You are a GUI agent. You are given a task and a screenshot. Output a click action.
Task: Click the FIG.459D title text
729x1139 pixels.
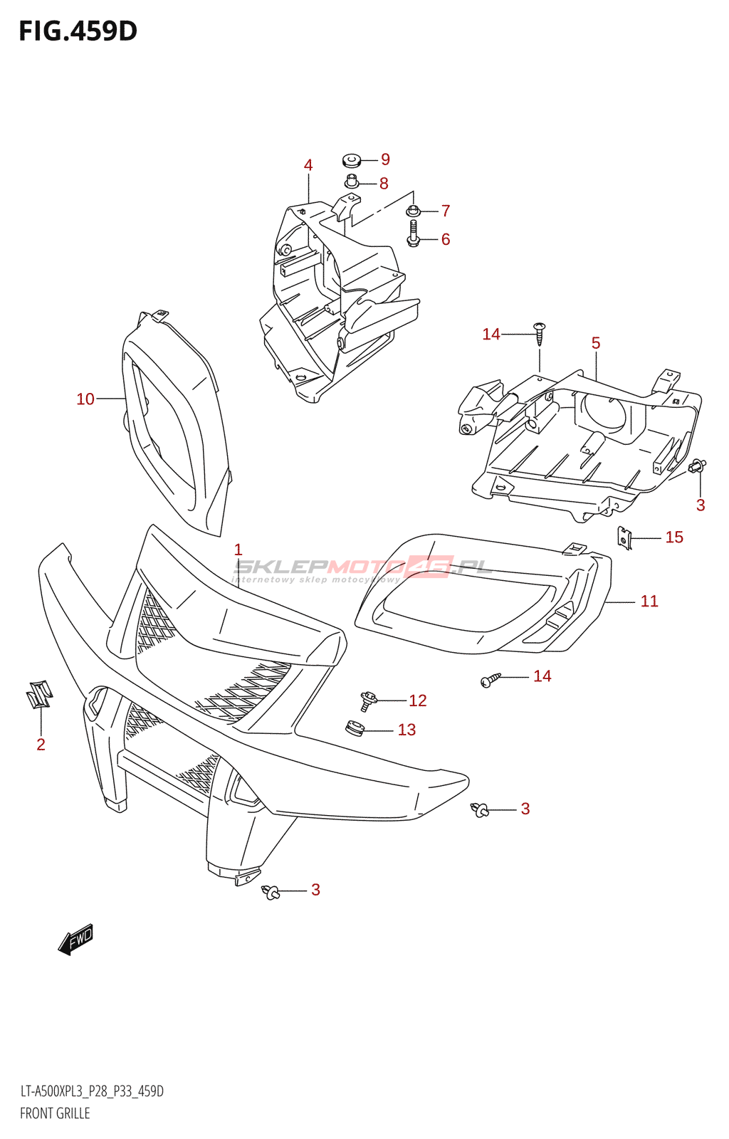coord(78,31)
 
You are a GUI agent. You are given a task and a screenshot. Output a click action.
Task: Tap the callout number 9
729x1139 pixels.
coord(385,159)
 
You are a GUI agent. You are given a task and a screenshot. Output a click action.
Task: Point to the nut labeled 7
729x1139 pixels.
coord(413,211)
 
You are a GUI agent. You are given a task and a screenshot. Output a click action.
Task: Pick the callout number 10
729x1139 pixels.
coord(85,399)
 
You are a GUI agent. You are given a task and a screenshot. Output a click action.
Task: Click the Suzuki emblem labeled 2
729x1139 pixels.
coord(39,694)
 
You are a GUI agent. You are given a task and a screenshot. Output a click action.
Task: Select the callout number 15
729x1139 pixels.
coord(674,537)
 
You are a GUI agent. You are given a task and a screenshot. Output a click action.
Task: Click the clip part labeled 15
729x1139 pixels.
coord(624,538)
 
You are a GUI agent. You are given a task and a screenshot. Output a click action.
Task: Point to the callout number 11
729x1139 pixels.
coord(649,602)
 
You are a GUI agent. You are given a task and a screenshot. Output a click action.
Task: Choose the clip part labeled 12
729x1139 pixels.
coord(367,700)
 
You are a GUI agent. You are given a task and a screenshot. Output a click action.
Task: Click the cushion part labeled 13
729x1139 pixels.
coord(355,729)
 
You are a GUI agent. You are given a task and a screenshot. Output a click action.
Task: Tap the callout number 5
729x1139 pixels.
coord(596,343)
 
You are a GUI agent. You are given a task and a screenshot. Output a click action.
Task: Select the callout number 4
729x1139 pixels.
coord(308,165)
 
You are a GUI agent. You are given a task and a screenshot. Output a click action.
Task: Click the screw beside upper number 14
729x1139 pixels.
coord(540,333)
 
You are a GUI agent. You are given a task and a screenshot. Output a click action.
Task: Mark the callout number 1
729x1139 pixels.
coord(238,550)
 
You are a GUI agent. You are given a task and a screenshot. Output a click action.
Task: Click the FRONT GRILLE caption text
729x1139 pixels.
coord(55,1113)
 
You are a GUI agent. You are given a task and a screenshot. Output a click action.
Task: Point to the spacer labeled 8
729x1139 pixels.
coord(352,182)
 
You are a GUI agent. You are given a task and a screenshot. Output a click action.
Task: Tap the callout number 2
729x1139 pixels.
coord(41,745)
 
